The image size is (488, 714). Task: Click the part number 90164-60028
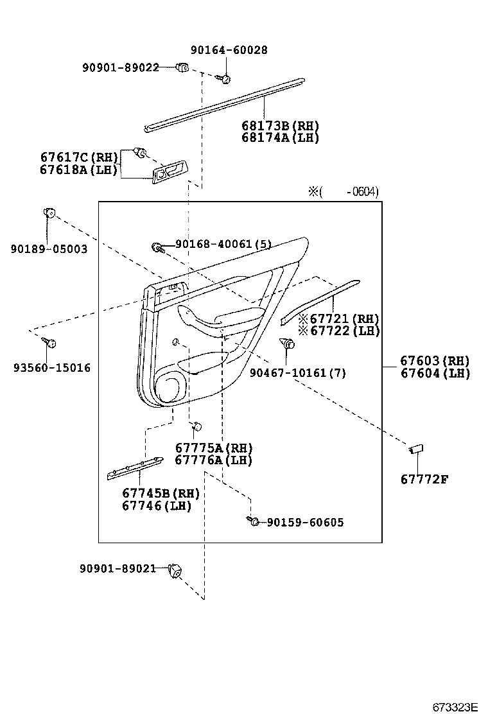click(x=229, y=49)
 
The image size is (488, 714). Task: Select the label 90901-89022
click(x=121, y=67)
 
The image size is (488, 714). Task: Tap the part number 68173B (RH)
click(x=280, y=126)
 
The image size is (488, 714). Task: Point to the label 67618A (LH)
click(x=79, y=170)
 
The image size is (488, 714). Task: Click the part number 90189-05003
click(x=49, y=248)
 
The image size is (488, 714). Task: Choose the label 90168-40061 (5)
click(x=223, y=244)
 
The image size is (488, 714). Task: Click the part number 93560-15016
click(x=52, y=367)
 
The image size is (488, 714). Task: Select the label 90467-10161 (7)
click(x=298, y=373)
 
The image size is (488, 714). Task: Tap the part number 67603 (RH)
click(x=435, y=361)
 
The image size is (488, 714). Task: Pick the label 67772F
click(x=424, y=479)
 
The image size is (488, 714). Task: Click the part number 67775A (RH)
click(x=214, y=448)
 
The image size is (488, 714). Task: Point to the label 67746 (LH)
click(x=157, y=505)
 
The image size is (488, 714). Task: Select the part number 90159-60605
click(x=306, y=522)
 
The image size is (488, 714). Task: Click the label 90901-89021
click(x=118, y=568)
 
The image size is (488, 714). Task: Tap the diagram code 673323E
click(x=455, y=707)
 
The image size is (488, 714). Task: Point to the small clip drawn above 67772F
click(x=416, y=449)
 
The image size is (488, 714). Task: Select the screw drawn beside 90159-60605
click(x=252, y=521)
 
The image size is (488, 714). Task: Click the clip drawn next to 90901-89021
click(x=175, y=570)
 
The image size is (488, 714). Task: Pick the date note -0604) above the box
click(x=362, y=192)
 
